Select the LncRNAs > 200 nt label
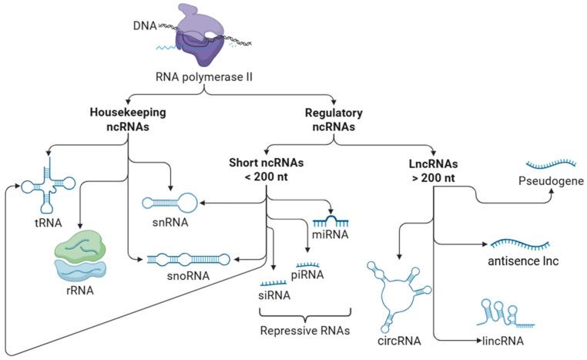coord(434,169)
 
